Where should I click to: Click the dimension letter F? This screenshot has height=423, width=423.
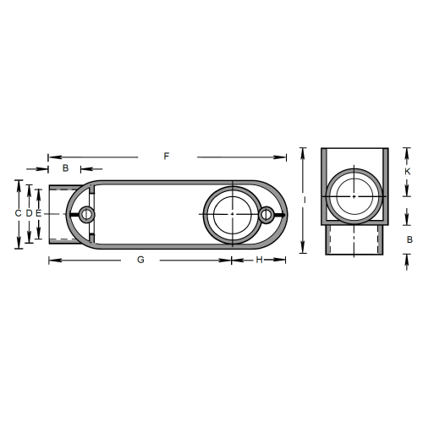[x=167, y=157]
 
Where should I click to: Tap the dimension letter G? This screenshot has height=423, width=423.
[x=140, y=260]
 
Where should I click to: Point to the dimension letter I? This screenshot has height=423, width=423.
[x=303, y=201]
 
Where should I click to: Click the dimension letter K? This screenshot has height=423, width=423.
[x=407, y=172]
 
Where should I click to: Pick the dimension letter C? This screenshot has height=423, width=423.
[x=18, y=214]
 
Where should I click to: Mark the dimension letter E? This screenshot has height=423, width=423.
[x=38, y=214]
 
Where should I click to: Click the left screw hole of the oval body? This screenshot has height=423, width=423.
[x=86, y=214]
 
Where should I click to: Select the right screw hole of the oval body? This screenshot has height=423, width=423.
[x=266, y=215]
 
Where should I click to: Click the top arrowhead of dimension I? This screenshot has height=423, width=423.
[x=303, y=151]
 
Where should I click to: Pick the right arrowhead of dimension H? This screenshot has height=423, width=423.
[x=284, y=260]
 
